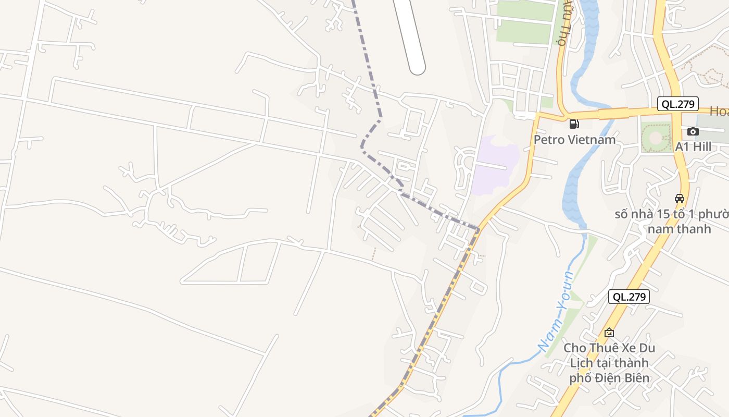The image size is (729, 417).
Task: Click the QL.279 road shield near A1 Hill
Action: click(677, 104)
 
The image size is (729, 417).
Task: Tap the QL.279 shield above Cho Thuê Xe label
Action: click(629, 297)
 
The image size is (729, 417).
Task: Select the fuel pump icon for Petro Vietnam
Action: click(574, 124)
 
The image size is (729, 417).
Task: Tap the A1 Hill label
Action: click(693, 147)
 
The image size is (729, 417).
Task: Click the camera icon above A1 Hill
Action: click(693, 131)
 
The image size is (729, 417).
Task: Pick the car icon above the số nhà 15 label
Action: click(680, 198)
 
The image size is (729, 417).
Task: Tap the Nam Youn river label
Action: click(556, 312)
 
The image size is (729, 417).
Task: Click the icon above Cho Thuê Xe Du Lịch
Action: click(609, 332)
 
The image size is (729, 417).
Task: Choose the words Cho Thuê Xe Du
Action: click(609, 348)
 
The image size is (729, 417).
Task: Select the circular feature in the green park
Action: click(656, 138)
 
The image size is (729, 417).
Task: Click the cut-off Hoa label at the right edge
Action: click(720, 111)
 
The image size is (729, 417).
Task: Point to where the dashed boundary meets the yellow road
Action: click(478, 229)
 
